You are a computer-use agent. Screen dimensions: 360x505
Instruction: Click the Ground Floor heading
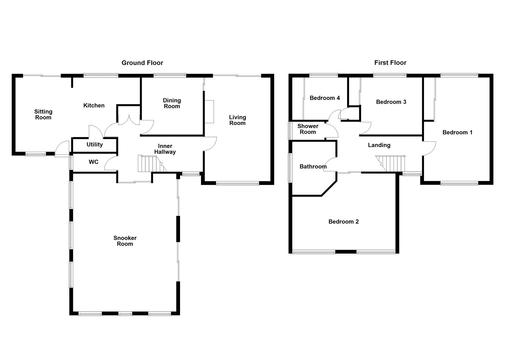142,63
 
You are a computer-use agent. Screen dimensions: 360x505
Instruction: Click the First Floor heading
390,63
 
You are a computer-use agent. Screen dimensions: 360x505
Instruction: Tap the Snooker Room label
125,241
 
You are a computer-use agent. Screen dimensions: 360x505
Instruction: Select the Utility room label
94,144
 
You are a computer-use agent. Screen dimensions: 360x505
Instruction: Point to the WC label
93,162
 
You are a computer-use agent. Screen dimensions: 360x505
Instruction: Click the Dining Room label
172,103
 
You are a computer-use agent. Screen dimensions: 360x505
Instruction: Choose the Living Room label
237,120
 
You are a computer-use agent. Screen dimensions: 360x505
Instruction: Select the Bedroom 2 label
343,222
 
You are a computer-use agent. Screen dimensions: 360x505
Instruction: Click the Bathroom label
313,166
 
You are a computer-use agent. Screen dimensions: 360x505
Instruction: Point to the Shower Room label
308,129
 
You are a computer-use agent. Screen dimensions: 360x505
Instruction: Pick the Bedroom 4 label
324,98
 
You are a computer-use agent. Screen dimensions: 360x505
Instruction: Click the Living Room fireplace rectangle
209,111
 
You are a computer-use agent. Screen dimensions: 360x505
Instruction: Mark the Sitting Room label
43,114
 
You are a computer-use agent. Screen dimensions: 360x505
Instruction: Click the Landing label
379,145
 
